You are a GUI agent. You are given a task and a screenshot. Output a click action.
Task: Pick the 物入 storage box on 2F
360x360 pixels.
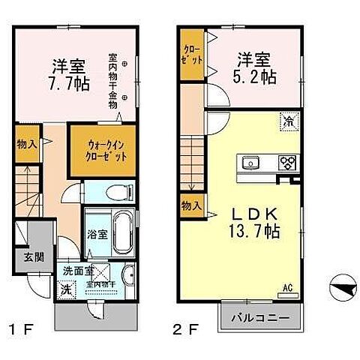[191, 205]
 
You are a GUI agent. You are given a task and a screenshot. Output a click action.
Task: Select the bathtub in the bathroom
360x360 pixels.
[121, 234]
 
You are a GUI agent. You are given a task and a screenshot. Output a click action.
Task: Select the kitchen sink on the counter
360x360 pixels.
[250, 162]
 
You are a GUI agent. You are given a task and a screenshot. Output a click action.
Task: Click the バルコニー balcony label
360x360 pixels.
[260, 318]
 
